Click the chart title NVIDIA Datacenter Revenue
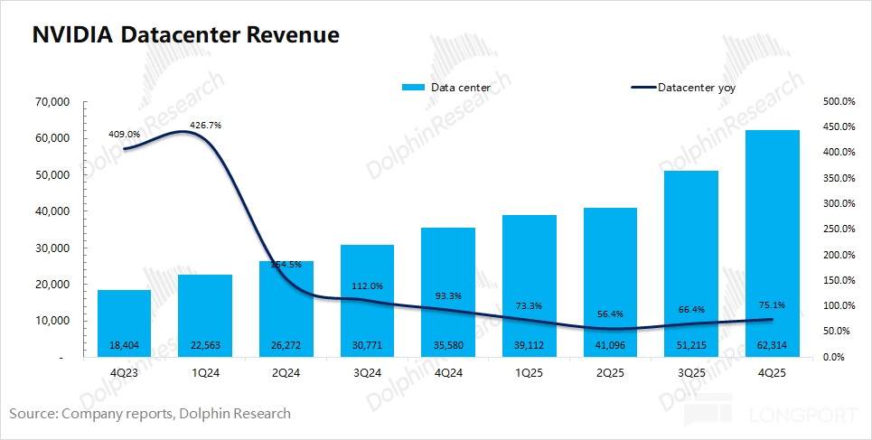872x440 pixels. [x=185, y=35]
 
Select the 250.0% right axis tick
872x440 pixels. [x=834, y=229]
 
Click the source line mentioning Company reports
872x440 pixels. [x=150, y=414]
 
